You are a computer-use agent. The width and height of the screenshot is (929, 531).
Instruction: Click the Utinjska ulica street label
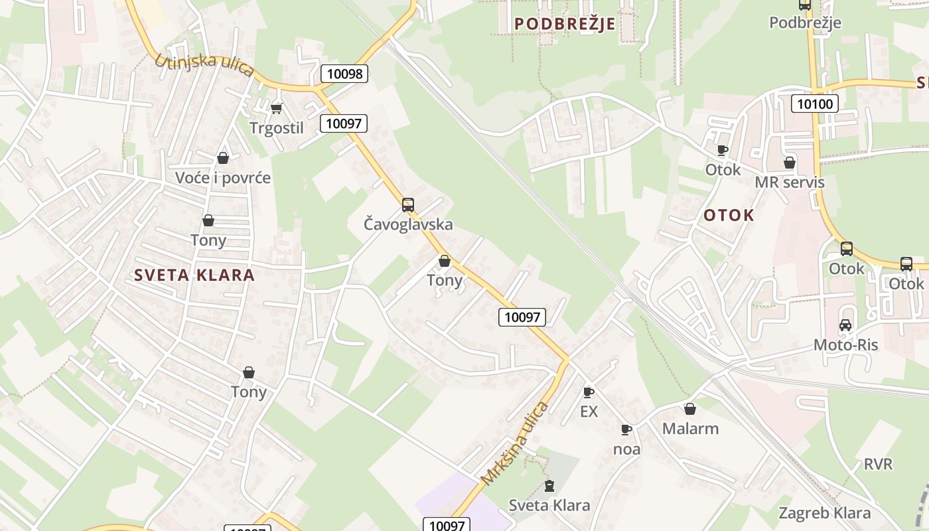click(x=204, y=66)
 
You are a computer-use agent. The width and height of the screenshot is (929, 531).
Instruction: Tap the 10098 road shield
click(x=344, y=74)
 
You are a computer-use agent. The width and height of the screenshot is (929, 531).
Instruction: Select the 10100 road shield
click(x=815, y=103)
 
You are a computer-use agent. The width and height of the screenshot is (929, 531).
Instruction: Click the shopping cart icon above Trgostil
click(x=276, y=108)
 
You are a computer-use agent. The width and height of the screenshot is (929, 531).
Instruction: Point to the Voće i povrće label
click(x=223, y=178)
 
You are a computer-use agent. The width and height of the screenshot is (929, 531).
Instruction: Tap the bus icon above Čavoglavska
click(x=408, y=204)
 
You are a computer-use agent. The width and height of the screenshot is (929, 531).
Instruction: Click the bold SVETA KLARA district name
click(x=194, y=275)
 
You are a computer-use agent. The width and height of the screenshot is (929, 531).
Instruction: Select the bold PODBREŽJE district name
click(x=565, y=24)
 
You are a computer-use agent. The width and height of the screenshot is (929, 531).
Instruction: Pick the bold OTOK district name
click(x=729, y=215)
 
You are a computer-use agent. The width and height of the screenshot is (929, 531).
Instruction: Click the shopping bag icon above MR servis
click(x=790, y=163)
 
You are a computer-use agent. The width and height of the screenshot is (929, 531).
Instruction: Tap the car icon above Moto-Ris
click(x=845, y=325)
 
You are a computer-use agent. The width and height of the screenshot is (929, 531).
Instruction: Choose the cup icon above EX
click(x=588, y=392)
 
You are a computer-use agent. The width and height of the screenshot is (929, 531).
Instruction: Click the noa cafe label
click(x=626, y=449)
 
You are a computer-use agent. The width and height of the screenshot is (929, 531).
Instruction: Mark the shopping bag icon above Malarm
click(x=690, y=409)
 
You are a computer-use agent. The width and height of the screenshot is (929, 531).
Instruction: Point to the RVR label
click(x=878, y=464)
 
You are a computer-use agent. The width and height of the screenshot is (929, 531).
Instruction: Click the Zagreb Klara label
click(x=824, y=513)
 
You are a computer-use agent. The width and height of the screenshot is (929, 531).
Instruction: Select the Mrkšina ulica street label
click(x=515, y=443)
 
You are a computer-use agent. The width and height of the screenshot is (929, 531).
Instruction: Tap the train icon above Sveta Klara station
click(x=549, y=486)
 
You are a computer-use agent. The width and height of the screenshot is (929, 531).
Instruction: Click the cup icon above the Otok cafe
click(x=723, y=150)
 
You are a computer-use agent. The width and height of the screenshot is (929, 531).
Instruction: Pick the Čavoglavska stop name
click(x=408, y=224)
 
